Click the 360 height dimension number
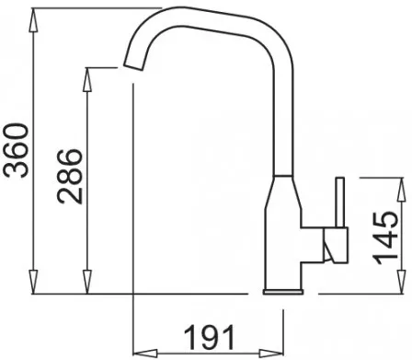coord(16,151)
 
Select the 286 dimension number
coord(70,177)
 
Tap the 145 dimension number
coord(385,238)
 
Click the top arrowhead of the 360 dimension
coord(33,20)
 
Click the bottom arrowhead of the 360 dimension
coord(33,282)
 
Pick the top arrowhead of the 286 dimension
coord(87,79)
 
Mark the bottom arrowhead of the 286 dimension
coord(87,282)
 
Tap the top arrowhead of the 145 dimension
coord(402,190)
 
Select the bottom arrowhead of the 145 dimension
coord(402,282)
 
